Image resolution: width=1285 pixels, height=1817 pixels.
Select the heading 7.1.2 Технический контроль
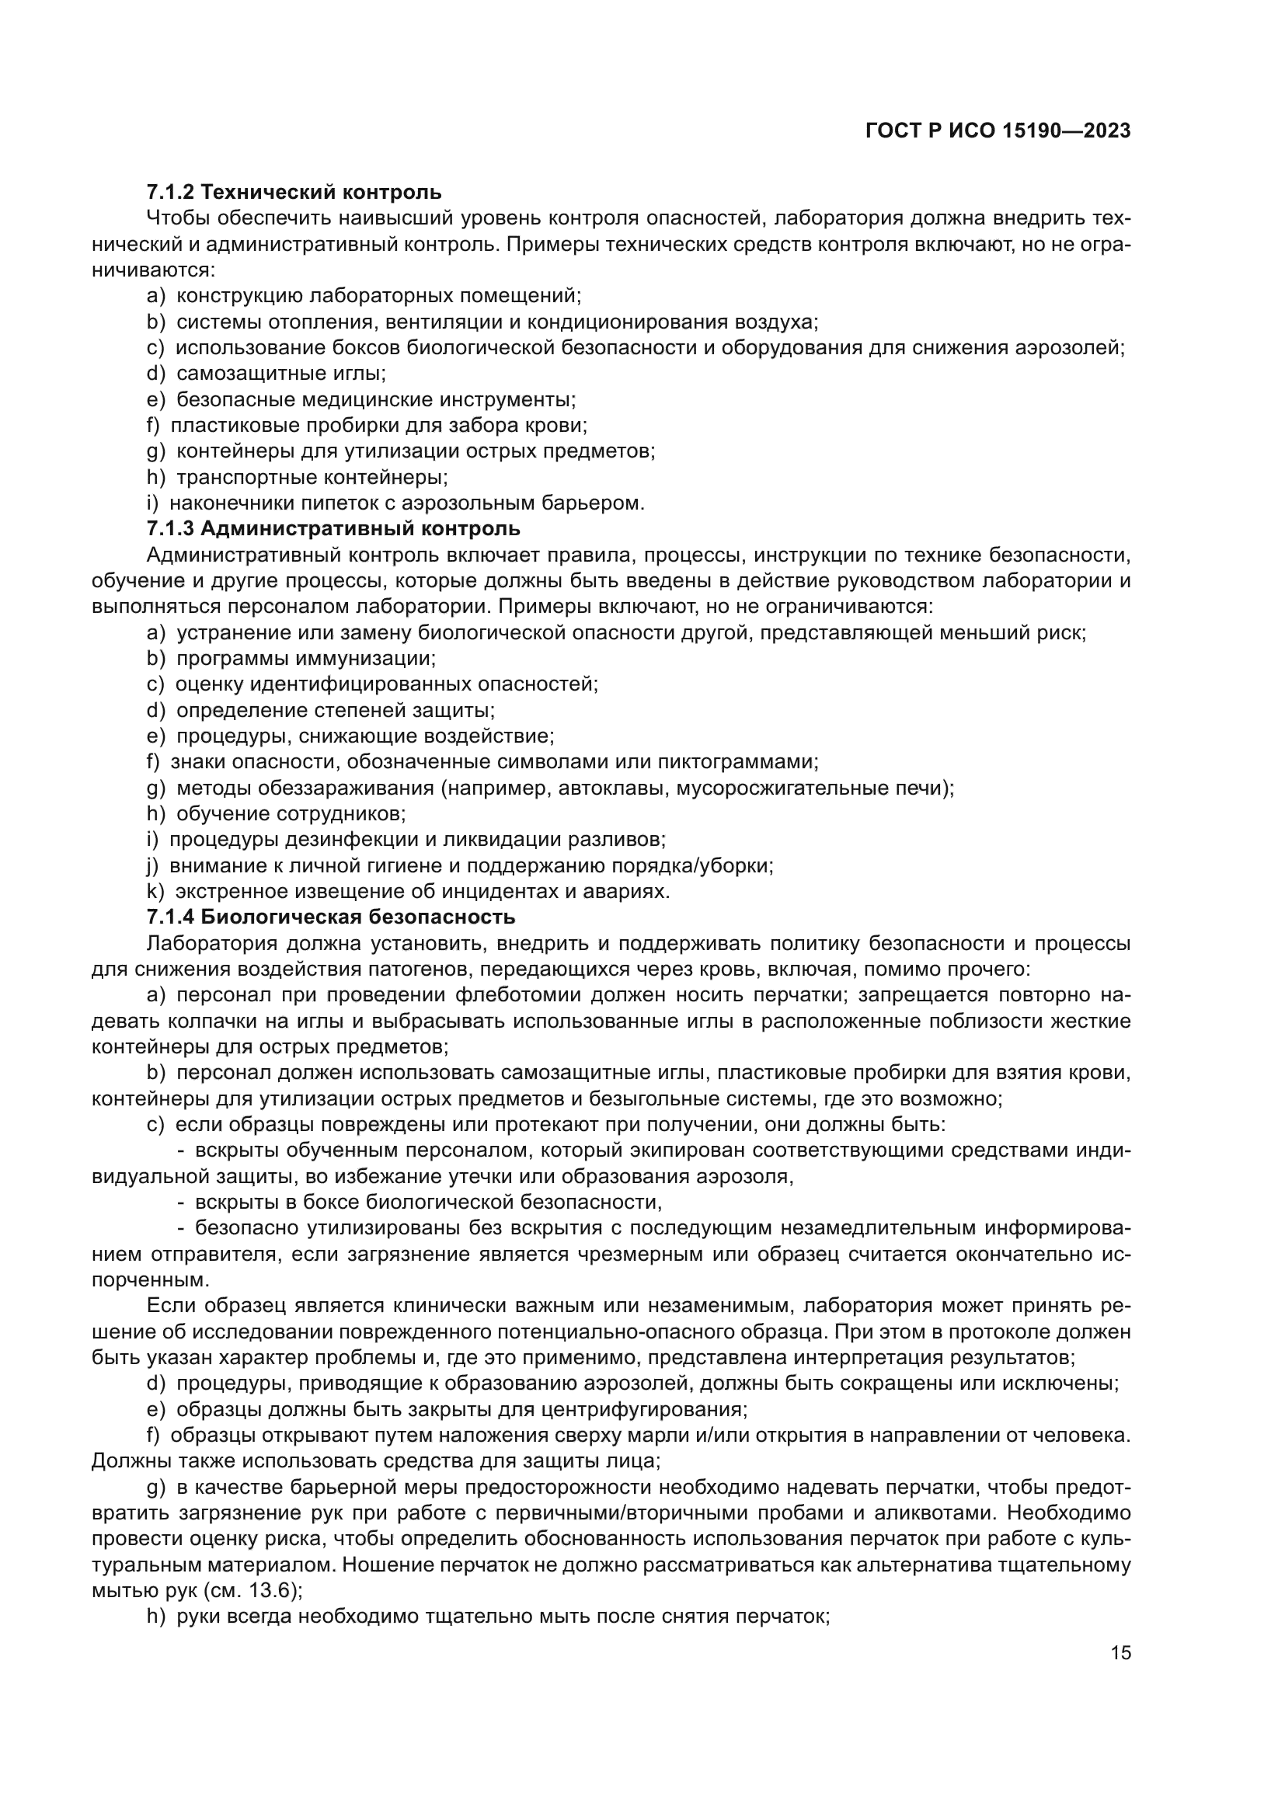click(294, 193)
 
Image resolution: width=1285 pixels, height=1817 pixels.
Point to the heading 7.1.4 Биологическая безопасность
click(331, 917)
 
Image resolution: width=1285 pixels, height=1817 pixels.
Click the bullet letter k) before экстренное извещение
click(155, 892)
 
